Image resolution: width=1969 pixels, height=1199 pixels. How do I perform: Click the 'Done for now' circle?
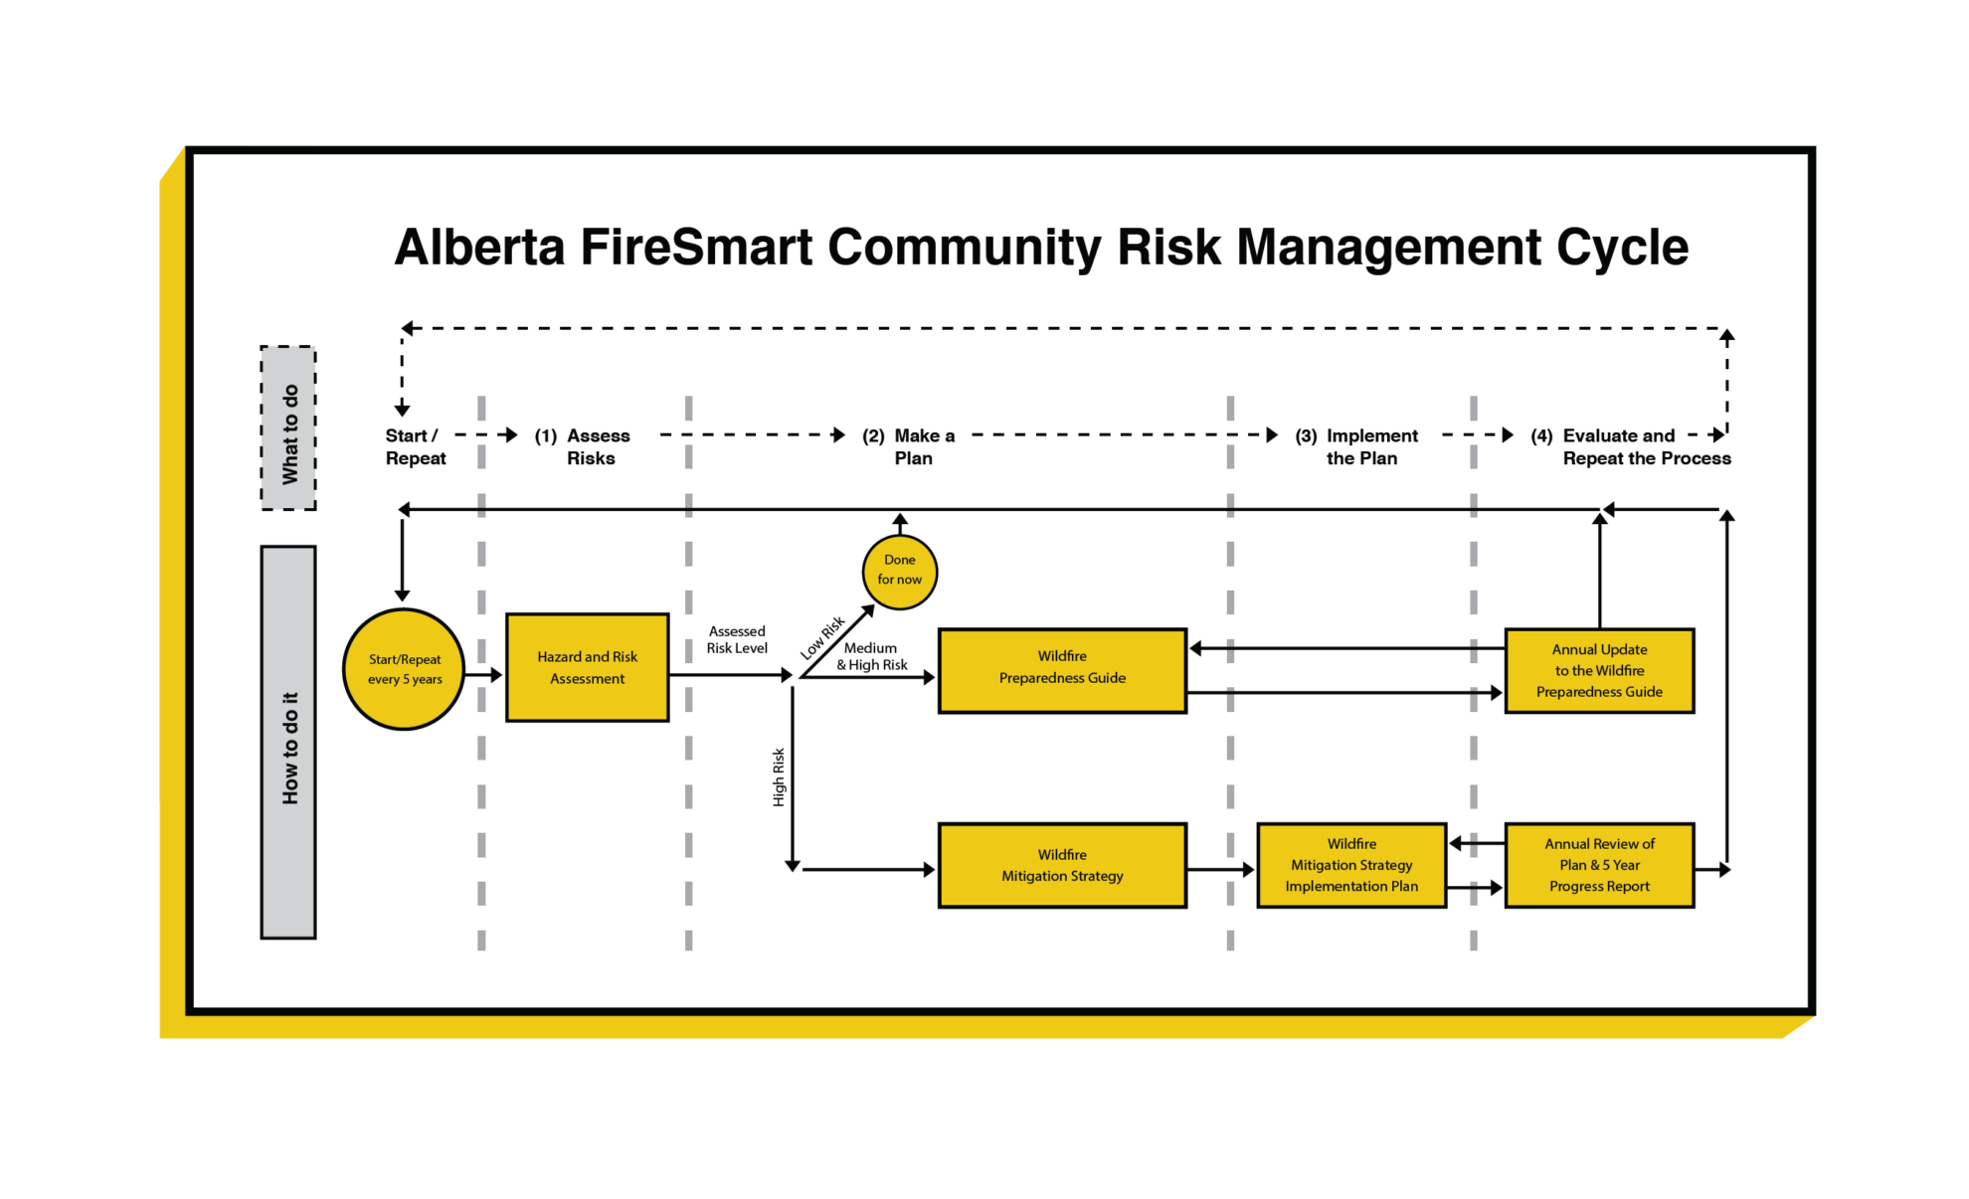[899, 572]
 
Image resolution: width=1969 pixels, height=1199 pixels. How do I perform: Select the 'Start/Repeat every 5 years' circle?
[404, 669]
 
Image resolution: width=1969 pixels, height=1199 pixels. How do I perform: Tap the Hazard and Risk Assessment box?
[587, 667]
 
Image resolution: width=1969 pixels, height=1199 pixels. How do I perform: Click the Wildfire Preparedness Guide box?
[1062, 670]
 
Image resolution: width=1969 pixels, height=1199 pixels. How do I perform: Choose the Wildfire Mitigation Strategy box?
[1062, 865]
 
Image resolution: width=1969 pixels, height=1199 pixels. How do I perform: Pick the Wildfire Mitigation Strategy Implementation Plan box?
[1351, 865]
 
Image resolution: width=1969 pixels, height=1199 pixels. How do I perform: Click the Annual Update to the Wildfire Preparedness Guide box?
[1599, 670]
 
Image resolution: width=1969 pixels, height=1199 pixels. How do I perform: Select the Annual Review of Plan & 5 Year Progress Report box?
[1599, 865]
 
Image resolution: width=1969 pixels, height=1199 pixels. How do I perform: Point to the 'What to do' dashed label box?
[288, 428]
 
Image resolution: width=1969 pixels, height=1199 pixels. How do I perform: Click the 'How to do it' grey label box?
[288, 742]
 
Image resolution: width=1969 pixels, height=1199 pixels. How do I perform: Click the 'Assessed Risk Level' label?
[737, 639]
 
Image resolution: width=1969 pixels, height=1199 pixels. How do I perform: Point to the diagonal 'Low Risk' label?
[822, 637]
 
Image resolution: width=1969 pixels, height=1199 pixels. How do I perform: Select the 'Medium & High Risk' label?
[871, 656]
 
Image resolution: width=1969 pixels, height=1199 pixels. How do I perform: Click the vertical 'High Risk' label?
[779, 776]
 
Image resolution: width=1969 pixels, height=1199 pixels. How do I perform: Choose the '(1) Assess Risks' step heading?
[583, 446]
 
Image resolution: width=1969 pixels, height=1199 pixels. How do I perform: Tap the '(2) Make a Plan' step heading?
[909, 446]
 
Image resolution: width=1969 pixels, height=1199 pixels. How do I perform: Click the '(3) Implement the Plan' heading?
[1357, 446]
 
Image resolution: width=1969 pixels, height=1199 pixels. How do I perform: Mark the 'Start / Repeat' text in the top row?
[416, 446]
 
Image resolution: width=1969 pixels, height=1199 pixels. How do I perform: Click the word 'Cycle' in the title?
[1622, 247]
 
